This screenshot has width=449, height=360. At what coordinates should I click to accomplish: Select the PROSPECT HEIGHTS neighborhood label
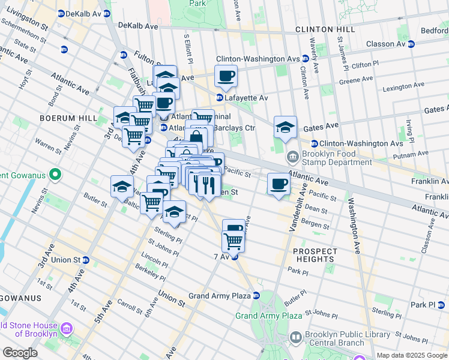pos(313,254)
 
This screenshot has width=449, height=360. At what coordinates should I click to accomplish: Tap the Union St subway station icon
pos(86,260)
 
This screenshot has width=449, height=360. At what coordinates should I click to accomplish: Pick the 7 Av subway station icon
pos(235,257)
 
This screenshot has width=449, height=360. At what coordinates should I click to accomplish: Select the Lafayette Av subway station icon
pos(220,97)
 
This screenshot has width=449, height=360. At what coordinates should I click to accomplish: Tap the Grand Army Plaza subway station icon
pos(256,296)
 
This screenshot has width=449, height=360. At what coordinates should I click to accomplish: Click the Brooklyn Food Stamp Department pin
pos(292,158)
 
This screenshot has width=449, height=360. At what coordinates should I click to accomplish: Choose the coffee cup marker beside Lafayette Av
pos(226,76)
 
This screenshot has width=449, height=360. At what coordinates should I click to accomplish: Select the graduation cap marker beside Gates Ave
pos(285,127)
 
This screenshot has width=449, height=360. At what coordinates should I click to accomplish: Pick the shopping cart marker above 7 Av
pos(233,241)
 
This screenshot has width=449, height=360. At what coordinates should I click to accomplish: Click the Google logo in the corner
pos(20,353)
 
